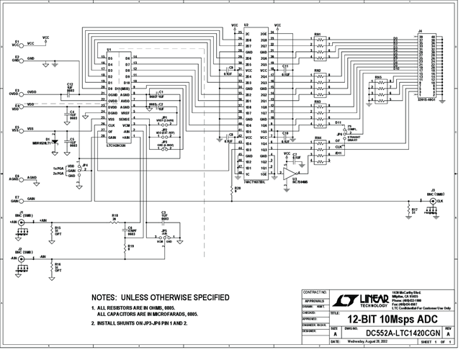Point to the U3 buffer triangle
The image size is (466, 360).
tap(290, 175)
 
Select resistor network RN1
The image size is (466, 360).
tap(318, 45)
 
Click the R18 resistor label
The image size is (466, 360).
tap(115, 215)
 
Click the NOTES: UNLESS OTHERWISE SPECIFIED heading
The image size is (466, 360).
tap(161, 297)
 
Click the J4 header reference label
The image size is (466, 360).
tap(420, 31)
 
